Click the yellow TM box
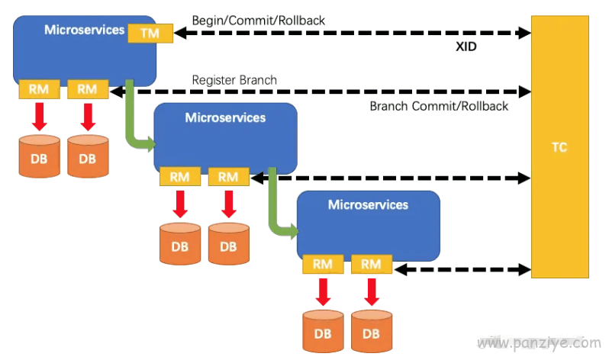click(150, 33)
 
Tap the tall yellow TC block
click(559, 146)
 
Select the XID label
click(466, 47)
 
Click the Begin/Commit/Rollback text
click(258, 20)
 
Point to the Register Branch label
click(234, 80)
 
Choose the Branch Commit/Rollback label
click(439, 106)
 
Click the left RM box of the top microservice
click(39, 89)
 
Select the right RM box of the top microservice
click(88, 89)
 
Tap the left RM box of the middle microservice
click(180, 177)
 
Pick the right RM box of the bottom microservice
click(372, 264)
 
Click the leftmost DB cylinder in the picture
click(39, 156)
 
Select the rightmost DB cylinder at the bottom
click(372, 331)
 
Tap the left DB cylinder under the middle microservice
click(180, 244)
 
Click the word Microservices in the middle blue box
click(225, 117)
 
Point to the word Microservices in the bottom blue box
click(368, 204)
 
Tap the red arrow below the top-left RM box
click(39, 117)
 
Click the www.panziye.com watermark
click(539, 343)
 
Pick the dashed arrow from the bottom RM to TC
click(462, 269)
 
